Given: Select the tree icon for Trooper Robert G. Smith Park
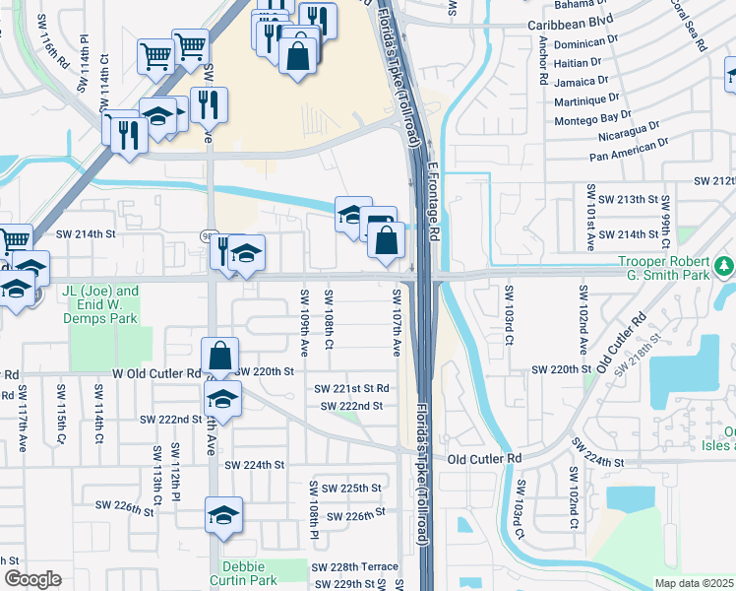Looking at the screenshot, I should click(724, 265).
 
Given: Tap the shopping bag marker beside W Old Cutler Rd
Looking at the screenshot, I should click(220, 358).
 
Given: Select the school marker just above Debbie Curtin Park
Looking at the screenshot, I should click(223, 515).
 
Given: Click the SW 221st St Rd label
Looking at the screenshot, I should click(351, 389).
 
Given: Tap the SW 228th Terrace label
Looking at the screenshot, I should click(354, 566).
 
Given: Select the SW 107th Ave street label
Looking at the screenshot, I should click(397, 322).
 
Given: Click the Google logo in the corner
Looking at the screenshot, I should click(32, 579).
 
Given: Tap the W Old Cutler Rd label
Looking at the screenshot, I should click(157, 374).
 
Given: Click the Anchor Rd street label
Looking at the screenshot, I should click(542, 60).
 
